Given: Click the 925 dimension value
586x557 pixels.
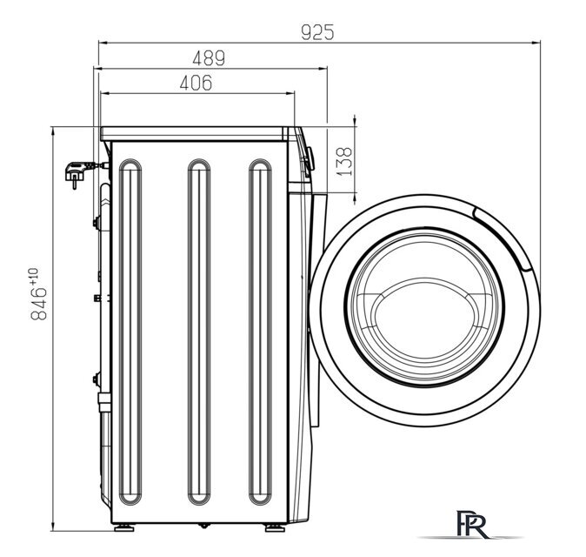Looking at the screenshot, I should [316, 32].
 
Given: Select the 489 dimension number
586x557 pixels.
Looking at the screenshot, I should [208, 59].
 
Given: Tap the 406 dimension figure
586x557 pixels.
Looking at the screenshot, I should [196, 83].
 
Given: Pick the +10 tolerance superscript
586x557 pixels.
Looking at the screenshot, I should [34, 278].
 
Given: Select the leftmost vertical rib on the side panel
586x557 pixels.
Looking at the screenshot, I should [129, 332].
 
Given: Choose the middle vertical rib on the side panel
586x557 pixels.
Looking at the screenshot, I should [199, 332].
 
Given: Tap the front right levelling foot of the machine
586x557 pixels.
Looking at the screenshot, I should [275, 528].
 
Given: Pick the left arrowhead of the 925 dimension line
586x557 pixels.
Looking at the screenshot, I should [102, 42].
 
